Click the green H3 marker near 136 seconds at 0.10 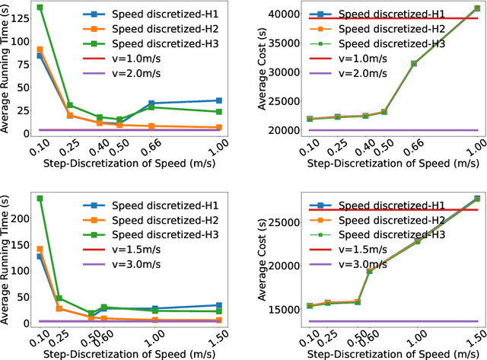point(40,8)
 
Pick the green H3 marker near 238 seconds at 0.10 point(40,198)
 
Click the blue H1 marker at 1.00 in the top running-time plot point(219,100)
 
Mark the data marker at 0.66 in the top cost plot point(414,64)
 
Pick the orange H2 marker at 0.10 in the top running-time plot point(40,49)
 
